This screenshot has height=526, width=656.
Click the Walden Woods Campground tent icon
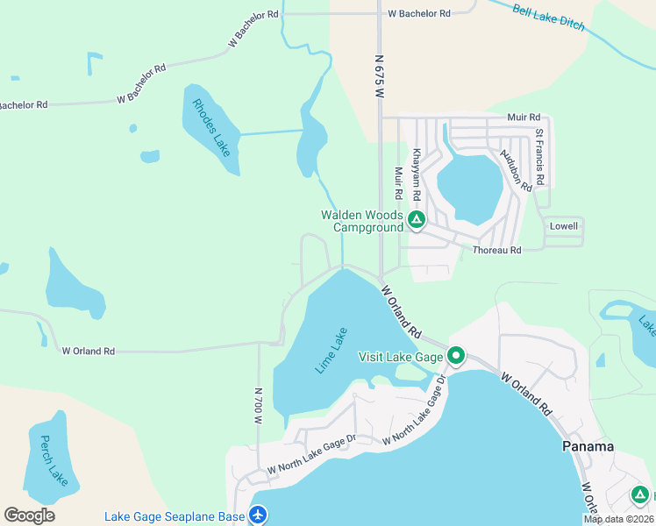417,220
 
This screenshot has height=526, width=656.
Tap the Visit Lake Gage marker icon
456,356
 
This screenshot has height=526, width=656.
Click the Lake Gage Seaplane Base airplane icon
258,515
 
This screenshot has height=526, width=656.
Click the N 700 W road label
259,406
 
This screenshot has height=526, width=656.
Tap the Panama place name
588,446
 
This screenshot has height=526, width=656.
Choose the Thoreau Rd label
497,250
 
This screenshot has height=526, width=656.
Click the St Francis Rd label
540,158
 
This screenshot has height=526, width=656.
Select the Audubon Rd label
516,170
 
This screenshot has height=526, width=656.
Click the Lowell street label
564,226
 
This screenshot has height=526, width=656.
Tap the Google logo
29,515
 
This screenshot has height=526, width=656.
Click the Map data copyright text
619,519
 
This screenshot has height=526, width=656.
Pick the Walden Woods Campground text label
362,221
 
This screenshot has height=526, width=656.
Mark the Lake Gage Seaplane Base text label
175,516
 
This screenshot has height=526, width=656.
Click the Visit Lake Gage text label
402,357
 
